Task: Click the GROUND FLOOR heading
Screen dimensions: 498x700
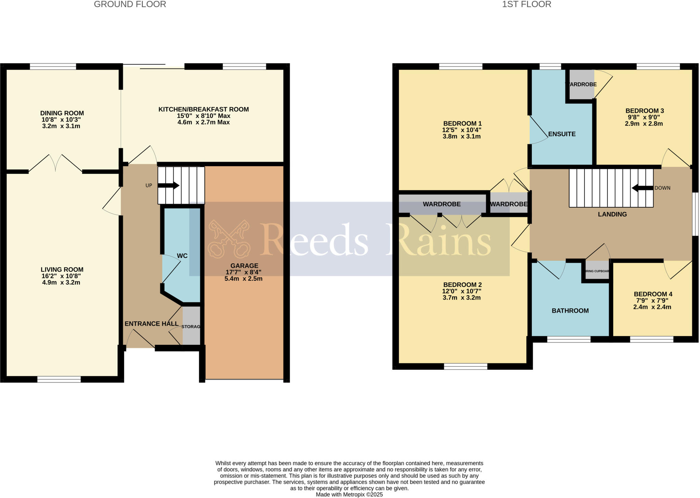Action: [x=130, y=4]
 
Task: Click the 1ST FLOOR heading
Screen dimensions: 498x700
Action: [x=526, y=4]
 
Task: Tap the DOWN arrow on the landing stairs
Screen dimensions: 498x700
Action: [x=642, y=188]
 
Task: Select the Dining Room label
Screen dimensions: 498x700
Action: [x=62, y=113]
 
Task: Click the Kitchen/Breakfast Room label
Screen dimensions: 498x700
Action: [x=203, y=109]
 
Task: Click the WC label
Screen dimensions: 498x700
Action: [x=182, y=256]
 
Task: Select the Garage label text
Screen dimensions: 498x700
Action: [x=244, y=266]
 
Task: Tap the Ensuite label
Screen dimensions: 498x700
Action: [x=562, y=134]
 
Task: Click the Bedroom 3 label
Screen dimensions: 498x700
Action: [x=644, y=111]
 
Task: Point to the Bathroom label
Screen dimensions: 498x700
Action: [x=570, y=311]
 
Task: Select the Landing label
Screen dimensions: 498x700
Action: [x=612, y=214]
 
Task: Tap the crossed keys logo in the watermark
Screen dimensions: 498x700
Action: [x=229, y=239]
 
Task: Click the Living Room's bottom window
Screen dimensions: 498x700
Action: [x=59, y=379]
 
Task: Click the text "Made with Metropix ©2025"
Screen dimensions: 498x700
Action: [x=349, y=495]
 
